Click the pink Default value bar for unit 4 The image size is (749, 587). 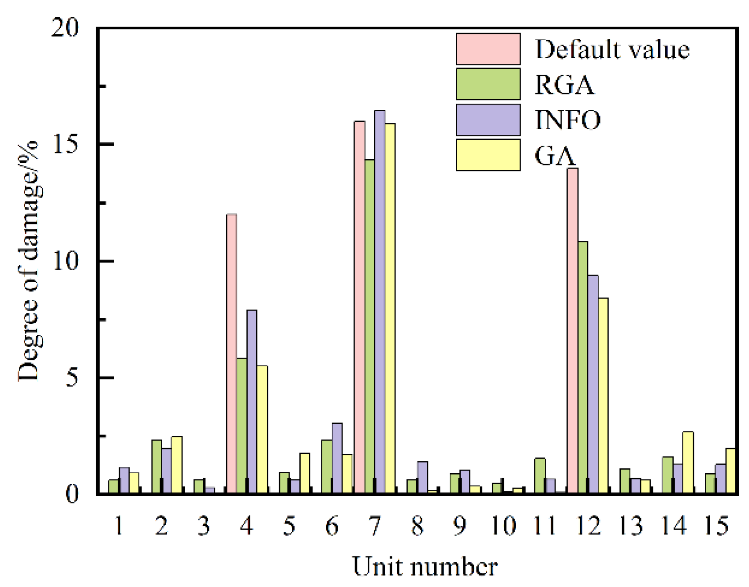click(x=231, y=353)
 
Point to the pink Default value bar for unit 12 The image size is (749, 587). click(x=572, y=331)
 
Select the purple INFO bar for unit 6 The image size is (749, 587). click(x=337, y=459)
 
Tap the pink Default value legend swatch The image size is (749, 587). click(x=488, y=49)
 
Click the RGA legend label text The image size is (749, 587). click(x=565, y=85)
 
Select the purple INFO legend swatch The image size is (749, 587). click(x=488, y=120)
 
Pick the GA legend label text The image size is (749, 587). click(x=555, y=156)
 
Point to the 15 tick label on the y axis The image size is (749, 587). click(x=66, y=144)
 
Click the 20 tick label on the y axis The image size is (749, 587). click(x=65, y=28)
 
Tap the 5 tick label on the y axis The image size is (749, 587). click(x=72, y=378)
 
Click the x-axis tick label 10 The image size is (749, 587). click(x=503, y=526)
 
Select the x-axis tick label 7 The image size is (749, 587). click(x=375, y=526)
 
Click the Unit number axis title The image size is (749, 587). click(x=425, y=567)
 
